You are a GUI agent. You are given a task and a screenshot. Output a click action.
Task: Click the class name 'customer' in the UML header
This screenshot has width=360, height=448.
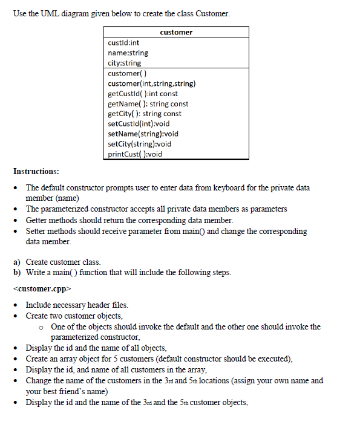tap(176, 32)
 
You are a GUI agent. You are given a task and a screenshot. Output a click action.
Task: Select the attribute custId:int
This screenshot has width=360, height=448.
tap(123, 43)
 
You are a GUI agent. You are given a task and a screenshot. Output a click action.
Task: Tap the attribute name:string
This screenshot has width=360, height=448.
tap(128, 53)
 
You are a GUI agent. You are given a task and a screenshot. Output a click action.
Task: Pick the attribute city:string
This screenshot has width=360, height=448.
tap(124, 63)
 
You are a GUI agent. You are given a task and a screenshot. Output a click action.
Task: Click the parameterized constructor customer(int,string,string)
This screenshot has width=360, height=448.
tap(151, 83)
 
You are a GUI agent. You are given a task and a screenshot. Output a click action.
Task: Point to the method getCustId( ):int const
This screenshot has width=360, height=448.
tap(143, 94)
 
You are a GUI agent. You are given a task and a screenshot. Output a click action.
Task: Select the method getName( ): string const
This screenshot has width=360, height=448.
tap(148, 103)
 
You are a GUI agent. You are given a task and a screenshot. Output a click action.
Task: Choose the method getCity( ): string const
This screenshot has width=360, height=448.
tap(145, 114)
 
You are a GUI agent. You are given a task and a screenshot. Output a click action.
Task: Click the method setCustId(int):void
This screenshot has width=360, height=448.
tap(139, 123)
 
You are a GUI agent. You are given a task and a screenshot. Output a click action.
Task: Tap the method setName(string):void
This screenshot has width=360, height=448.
tap(143, 134)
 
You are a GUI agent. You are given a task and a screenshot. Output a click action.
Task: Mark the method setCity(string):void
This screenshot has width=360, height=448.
tap(140, 143)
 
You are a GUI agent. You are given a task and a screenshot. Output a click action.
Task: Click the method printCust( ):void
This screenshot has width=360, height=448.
tap(135, 154)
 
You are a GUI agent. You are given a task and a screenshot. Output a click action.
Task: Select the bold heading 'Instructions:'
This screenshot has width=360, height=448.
tap(36, 172)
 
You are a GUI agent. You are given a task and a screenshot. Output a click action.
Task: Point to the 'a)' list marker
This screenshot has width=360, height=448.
tap(17, 262)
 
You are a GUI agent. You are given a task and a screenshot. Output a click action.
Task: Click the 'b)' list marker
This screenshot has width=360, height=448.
tap(17, 272)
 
